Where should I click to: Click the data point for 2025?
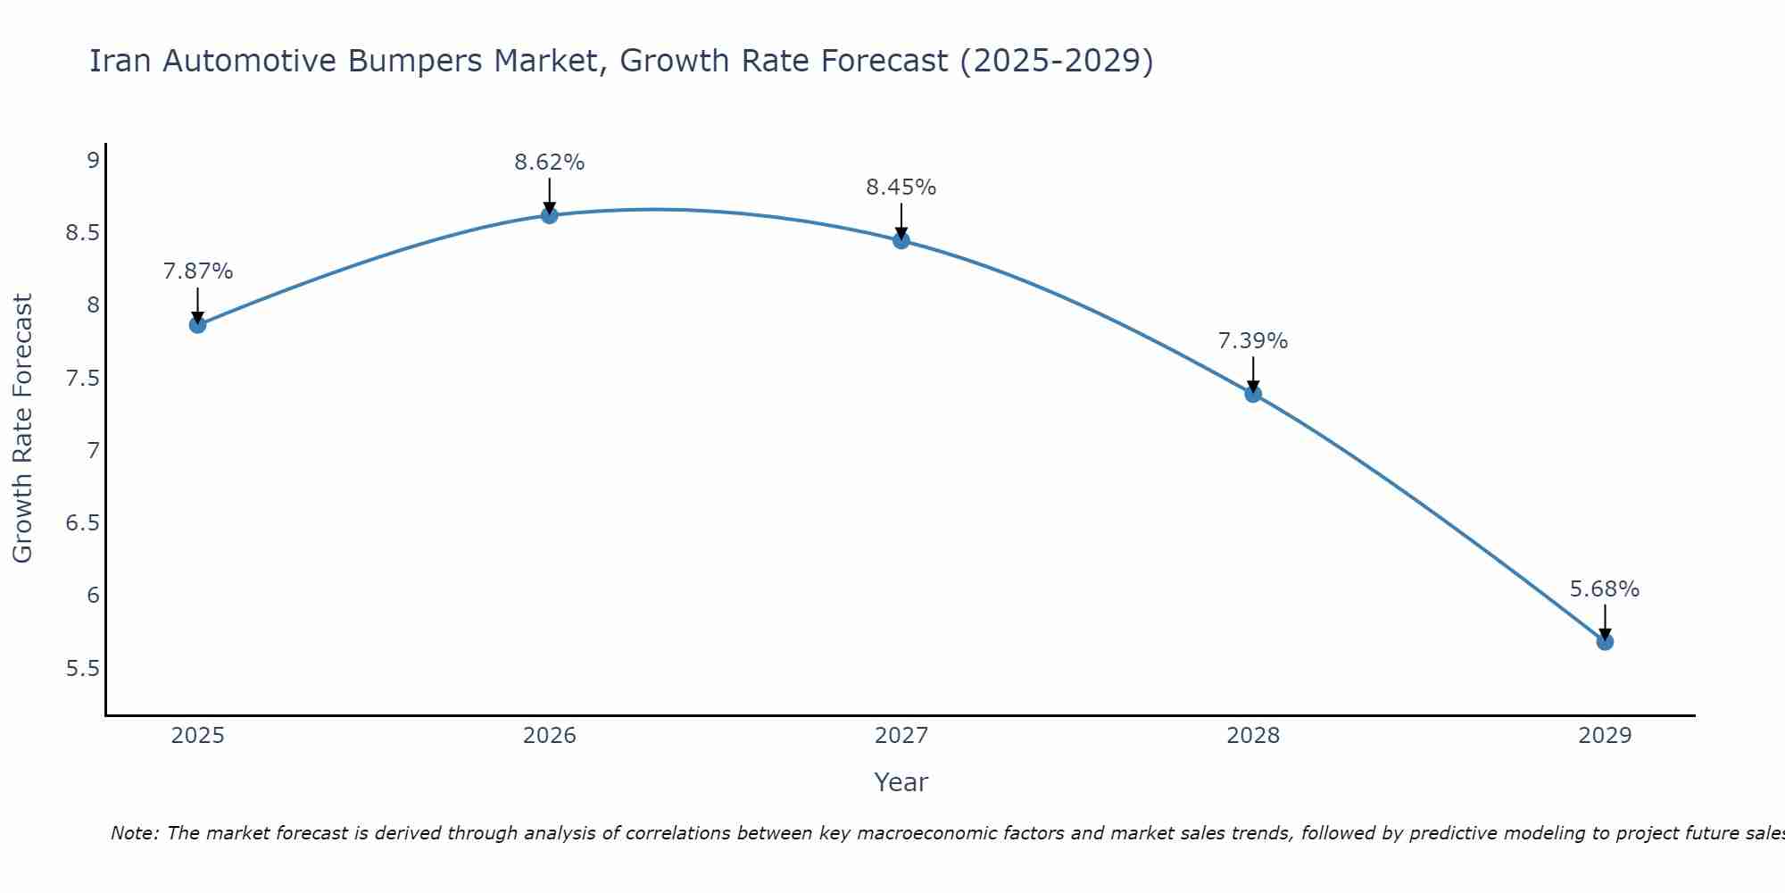pos(197,325)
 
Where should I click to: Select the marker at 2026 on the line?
pos(549,215)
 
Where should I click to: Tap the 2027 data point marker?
pos(901,240)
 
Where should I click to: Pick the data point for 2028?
pos(1253,394)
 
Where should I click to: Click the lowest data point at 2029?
pos(1605,642)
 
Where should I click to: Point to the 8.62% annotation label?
pos(549,163)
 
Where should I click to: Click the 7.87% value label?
pos(197,271)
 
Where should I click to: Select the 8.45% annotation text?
pos(901,188)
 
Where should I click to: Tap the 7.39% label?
pos(1253,341)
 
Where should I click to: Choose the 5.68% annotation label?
pos(1605,589)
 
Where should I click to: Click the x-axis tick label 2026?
pos(549,736)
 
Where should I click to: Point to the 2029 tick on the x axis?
pos(1605,736)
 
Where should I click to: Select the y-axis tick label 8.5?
pos(82,233)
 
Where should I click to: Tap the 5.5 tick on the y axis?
pos(82,669)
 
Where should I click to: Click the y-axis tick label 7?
pos(93,451)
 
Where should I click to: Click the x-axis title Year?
pos(901,782)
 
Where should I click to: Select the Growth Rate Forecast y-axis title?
pos(22,429)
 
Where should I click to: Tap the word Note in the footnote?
pos(134,833)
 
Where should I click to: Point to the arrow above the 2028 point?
pos(1253,374)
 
